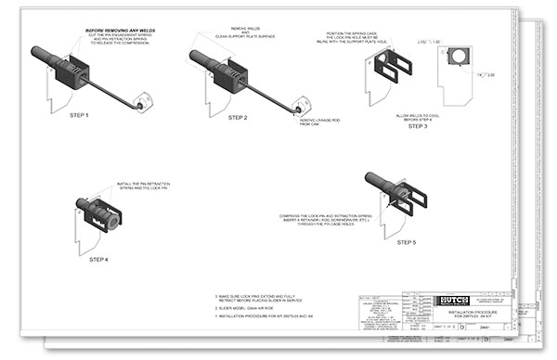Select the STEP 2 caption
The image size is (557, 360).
click(238, 118)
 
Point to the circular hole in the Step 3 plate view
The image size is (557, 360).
click(459, 58)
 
